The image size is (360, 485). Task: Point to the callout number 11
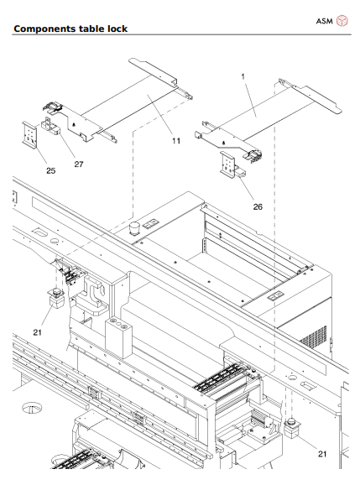[x=176, y=141]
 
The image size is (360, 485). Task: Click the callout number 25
[x=50, y=170]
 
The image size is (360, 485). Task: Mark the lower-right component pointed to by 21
[x=292, y=428]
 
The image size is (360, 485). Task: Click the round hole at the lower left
[x=34, y=409]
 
